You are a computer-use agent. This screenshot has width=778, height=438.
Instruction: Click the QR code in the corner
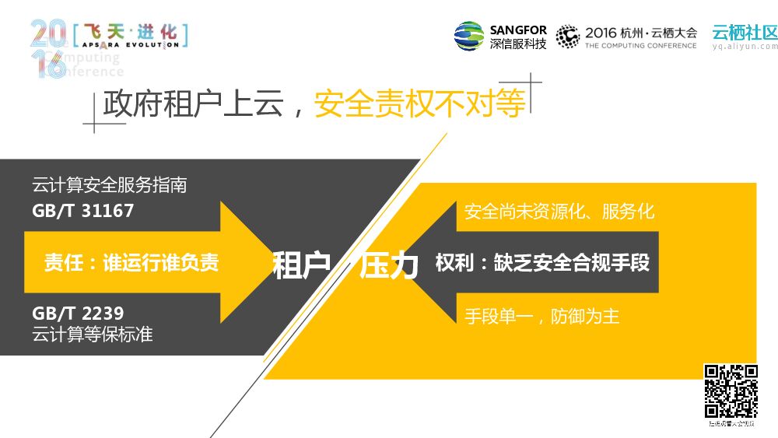tap(731, 391)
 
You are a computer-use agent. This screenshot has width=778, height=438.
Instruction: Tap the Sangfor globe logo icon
tap(469, 36)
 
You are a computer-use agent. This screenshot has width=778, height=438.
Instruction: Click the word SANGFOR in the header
tap(518, 30)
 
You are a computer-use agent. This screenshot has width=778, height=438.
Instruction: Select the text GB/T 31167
tap(83, 211)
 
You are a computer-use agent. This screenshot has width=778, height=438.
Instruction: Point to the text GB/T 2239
tap(78, 314)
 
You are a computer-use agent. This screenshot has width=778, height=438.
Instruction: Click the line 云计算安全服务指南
tap(109, 186)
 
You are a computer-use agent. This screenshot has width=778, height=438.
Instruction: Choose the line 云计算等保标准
tap(92, 335)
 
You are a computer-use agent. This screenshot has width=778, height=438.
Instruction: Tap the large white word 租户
tap(302, 265)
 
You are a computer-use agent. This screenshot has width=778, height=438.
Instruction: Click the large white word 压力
tap(389, 265)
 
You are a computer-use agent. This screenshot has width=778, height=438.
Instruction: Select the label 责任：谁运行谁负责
tap(131, 263)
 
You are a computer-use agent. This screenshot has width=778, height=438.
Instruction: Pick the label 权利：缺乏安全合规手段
tap(542, 263)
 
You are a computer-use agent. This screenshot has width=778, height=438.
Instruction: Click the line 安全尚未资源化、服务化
tap(559, 212)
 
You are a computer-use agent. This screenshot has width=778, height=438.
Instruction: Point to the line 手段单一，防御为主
tap(541, 317)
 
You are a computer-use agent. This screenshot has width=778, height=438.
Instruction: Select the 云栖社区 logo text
tap(745, 32)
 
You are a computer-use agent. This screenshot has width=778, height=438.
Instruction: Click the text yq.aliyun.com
tap(745, 46)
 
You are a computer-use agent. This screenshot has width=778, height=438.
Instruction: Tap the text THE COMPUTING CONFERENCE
tap(641, 46)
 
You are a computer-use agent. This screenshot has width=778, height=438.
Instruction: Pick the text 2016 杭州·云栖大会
tap(641, 33)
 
